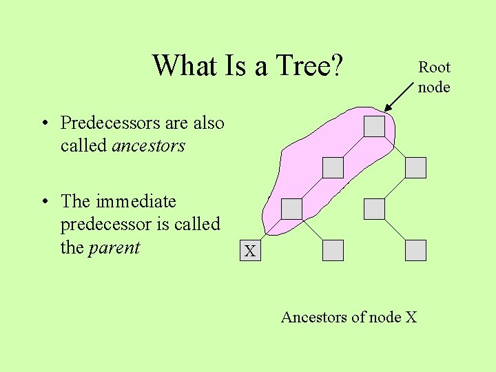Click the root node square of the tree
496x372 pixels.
[x=374, y=126]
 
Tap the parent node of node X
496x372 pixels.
[x=291, y=209]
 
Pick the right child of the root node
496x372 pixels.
[x=415, y=167]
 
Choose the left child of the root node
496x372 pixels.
[x=333, y=167]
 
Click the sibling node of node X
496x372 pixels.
[x=333, y=250]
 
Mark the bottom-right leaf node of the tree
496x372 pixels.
[x=415, y=250]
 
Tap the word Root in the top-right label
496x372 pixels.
[x=434, y=67]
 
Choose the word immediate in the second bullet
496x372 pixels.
[x=136, y=202]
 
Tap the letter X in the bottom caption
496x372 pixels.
[x=411, y=318]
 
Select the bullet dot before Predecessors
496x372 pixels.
[x=44, y=124]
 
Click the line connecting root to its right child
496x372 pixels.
[x=395, y=147]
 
